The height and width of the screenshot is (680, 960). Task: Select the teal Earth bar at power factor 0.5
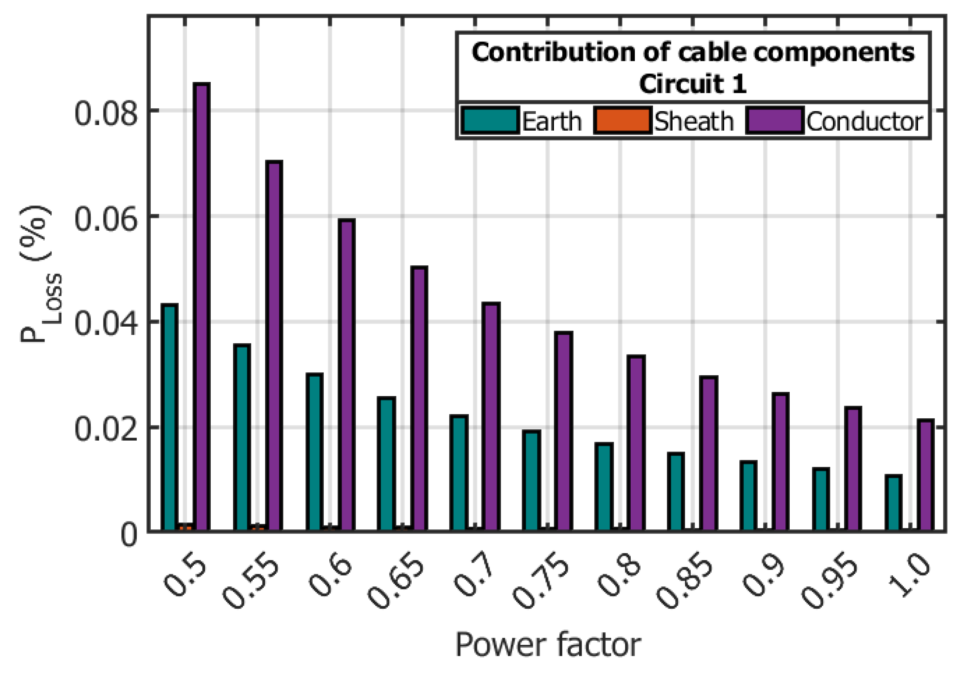(170, 418)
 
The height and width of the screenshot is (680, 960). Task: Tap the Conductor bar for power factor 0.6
(346, 376)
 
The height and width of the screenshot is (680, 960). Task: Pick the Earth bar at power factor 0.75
(531, 481)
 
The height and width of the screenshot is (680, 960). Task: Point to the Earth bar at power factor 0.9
(749, 497)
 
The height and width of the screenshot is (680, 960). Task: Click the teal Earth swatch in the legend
(490, 120)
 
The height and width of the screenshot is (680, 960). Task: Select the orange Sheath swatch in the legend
(622, 120)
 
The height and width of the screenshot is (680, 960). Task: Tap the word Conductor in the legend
(864, 122)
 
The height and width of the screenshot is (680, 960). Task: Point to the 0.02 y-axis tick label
(106, 429)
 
